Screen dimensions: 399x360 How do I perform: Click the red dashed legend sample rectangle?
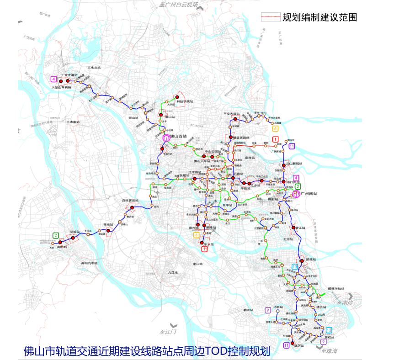(270, 17)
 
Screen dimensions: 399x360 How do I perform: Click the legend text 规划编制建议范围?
(319, 17)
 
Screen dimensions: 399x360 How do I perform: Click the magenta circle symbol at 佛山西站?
(165, 136)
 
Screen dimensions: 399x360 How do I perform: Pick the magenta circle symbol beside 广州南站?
(296, 193)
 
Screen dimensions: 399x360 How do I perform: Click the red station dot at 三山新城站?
(284, 165)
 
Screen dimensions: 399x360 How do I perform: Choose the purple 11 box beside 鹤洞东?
(291, 146)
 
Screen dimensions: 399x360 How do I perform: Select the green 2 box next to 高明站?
(56, 235)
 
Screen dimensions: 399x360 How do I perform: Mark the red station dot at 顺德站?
(301, 260)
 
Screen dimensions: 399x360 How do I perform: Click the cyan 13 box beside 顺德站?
(295, 267)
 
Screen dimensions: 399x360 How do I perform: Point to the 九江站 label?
(172, 272)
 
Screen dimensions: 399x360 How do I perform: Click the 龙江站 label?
(198, 264)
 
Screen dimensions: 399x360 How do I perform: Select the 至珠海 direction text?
(328, 350)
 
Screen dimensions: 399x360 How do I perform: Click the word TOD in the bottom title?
(218, 351)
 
